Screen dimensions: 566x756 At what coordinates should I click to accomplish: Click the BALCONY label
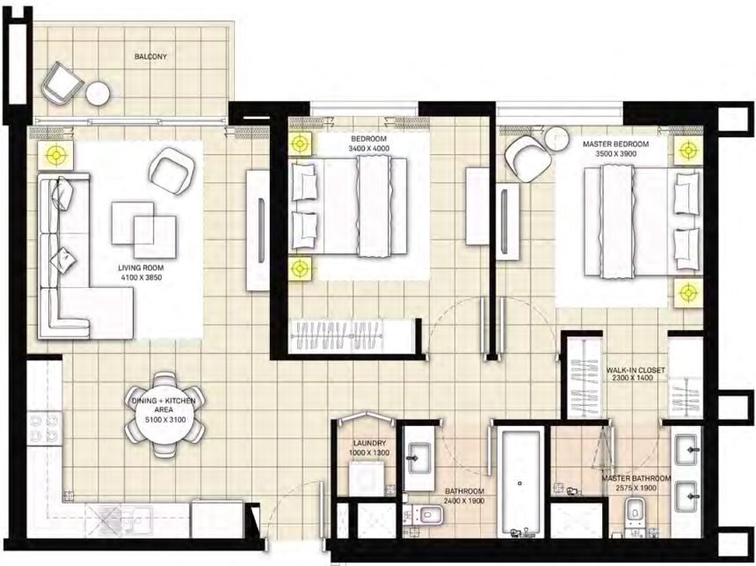(151, 57)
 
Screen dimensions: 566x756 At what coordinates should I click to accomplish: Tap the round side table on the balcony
(98, 92)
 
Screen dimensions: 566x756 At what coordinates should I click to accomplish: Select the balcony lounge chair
(62, 85)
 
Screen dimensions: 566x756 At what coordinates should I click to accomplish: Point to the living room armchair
(172, 170)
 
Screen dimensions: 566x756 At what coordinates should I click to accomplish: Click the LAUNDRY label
(364, 444)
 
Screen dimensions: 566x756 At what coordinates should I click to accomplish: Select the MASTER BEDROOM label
(615, 143)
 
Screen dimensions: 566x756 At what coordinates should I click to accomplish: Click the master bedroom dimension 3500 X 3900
(615, 153)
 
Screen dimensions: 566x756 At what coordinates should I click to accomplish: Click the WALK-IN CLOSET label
(636, 371)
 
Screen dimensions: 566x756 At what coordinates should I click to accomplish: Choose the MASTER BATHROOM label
(636, 479)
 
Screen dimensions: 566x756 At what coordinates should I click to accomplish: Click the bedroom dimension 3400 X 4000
(368, 149)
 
